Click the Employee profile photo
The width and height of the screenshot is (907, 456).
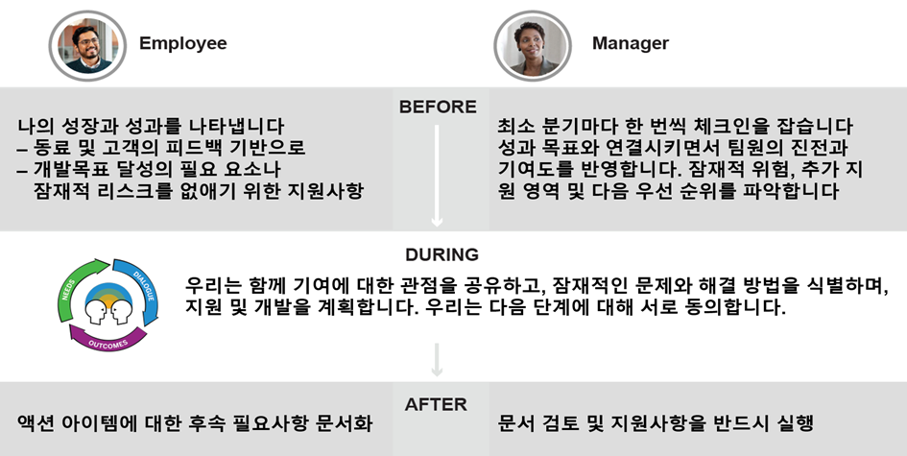point(86,43)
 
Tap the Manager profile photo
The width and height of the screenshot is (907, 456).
point(526,43)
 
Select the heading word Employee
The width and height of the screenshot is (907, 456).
point(182,43)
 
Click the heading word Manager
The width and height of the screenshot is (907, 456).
point(630,43)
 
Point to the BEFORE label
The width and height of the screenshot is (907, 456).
point(438,107)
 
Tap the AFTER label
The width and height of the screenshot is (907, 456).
point(438,404)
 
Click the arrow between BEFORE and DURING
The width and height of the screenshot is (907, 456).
point(438,173)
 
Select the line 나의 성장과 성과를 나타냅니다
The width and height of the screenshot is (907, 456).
point(152,127)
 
